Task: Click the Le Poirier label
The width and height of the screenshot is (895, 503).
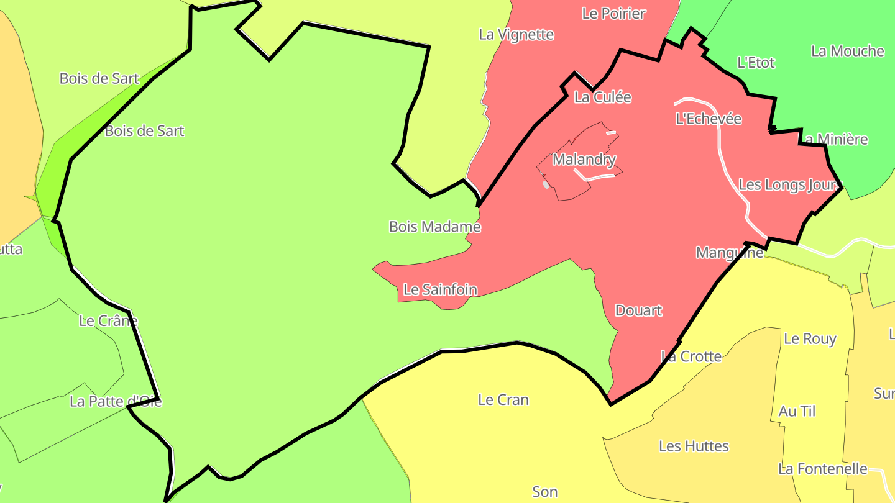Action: [x=614, y=13]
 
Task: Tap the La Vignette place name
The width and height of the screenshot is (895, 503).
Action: [x=516, y=34]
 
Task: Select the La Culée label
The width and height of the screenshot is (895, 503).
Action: [x=602, y=97]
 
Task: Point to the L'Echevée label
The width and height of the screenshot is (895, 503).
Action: [x=709, y=119]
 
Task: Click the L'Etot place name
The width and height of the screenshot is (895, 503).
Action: [x=756, y=63]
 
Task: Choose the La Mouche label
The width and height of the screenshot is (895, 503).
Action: [x=847, y=51]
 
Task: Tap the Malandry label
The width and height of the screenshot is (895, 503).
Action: [x=584, y=160]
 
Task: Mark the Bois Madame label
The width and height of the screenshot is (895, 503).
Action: [x=434, y=227]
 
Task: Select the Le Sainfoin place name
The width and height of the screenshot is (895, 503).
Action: [x=440, y=289]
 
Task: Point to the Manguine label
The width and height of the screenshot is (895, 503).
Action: [x=729, y=253]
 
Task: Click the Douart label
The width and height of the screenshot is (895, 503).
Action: [x=638, y=310]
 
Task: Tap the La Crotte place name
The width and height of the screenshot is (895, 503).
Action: [x=691, y=356]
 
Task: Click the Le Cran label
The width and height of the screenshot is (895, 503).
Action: [x=503, y=400]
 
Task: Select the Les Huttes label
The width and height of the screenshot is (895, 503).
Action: [x=694, y=446]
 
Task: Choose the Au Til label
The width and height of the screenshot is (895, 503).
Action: [x=797, y=411]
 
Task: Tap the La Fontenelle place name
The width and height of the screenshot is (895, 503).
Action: [x=822, y=469]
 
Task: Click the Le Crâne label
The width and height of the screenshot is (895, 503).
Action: [x=108, y=321]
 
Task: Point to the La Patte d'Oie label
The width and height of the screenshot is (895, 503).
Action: [x=116, y=402]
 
